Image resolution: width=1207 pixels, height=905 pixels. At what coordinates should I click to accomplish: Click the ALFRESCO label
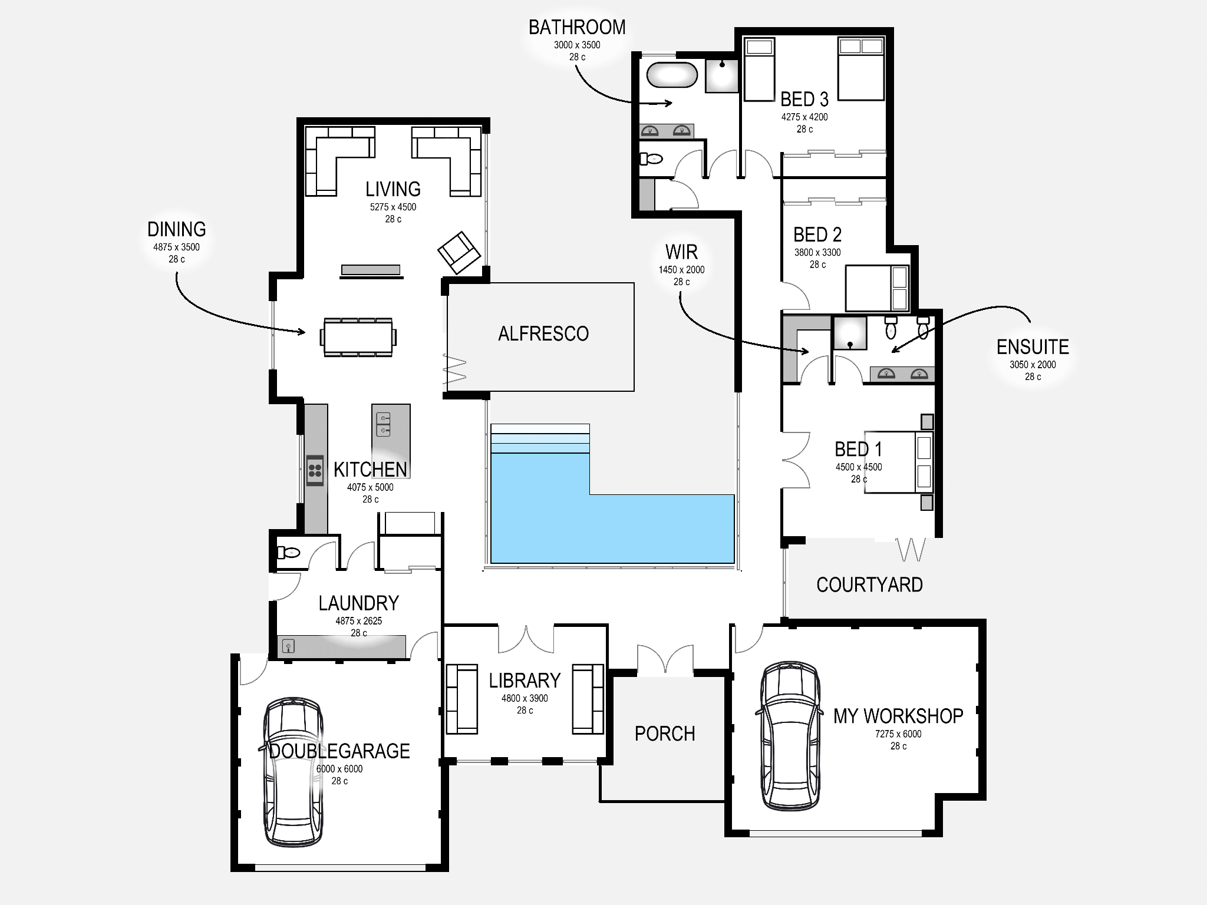click(543, 333)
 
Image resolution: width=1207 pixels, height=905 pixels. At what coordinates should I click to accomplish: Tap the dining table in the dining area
click(358, 337)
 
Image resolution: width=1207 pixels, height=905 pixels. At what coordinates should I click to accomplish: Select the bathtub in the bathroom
click(672, 75)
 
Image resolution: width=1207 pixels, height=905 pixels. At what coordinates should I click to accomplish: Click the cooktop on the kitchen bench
click(315, 470)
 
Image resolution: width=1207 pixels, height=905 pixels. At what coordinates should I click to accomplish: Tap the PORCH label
click(665, 734)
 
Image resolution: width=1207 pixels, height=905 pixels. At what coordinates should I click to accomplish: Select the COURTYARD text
click(869, 584)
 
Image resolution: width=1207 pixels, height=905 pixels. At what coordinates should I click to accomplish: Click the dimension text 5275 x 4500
click(393, 207)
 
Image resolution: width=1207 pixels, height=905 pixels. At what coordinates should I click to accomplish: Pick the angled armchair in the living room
click(459, 252)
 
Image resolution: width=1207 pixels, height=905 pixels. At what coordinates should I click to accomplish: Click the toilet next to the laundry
click(289, 553)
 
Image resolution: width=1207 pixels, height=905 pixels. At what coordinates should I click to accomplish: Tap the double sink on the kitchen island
click(383, 424)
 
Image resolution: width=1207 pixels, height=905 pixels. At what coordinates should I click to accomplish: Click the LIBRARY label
click(525, 681)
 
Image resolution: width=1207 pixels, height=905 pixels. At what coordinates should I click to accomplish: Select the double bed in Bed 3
click(861, 68)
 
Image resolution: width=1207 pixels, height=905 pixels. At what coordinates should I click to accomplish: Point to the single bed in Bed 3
click(759, 70)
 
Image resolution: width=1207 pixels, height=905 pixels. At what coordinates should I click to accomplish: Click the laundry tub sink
click(288, 646)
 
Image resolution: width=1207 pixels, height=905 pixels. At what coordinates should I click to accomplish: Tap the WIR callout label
click(681, 252)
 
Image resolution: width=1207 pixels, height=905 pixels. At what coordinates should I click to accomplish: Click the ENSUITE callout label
click(1033, 347)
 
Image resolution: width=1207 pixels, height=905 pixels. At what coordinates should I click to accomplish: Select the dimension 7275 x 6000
click(898, 734)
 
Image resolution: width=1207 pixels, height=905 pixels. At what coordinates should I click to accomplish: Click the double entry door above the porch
click(665, 659)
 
